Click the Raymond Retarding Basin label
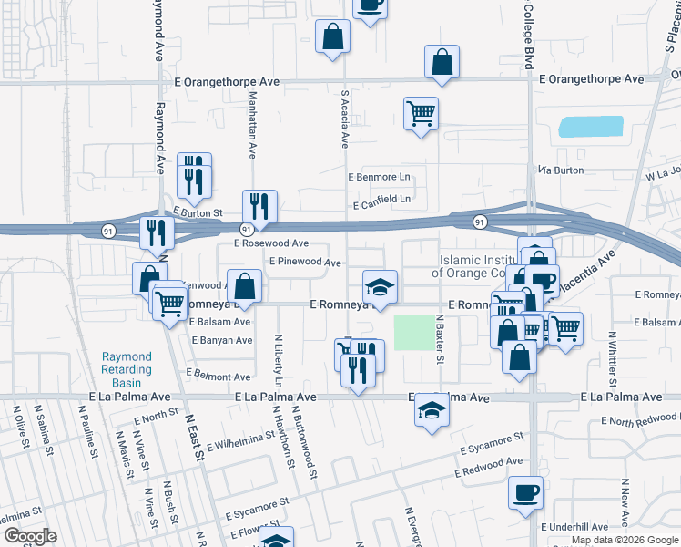click(x=127, y=369)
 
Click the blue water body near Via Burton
click(x=590, y=127)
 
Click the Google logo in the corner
click(x=29, y=536)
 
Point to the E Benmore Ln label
click(x=380, y=177)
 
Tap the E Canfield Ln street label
click(x=382, y=198)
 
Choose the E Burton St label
click(x=198, y=212)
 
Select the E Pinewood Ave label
click(x=305, y=262)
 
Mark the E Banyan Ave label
click(x=221, y=341)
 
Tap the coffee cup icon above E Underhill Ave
click(x=525, y=492)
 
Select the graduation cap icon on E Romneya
click(x=381, y=287)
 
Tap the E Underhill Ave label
click(x=574, y=527)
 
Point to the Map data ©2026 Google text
click(x=625, y=540)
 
